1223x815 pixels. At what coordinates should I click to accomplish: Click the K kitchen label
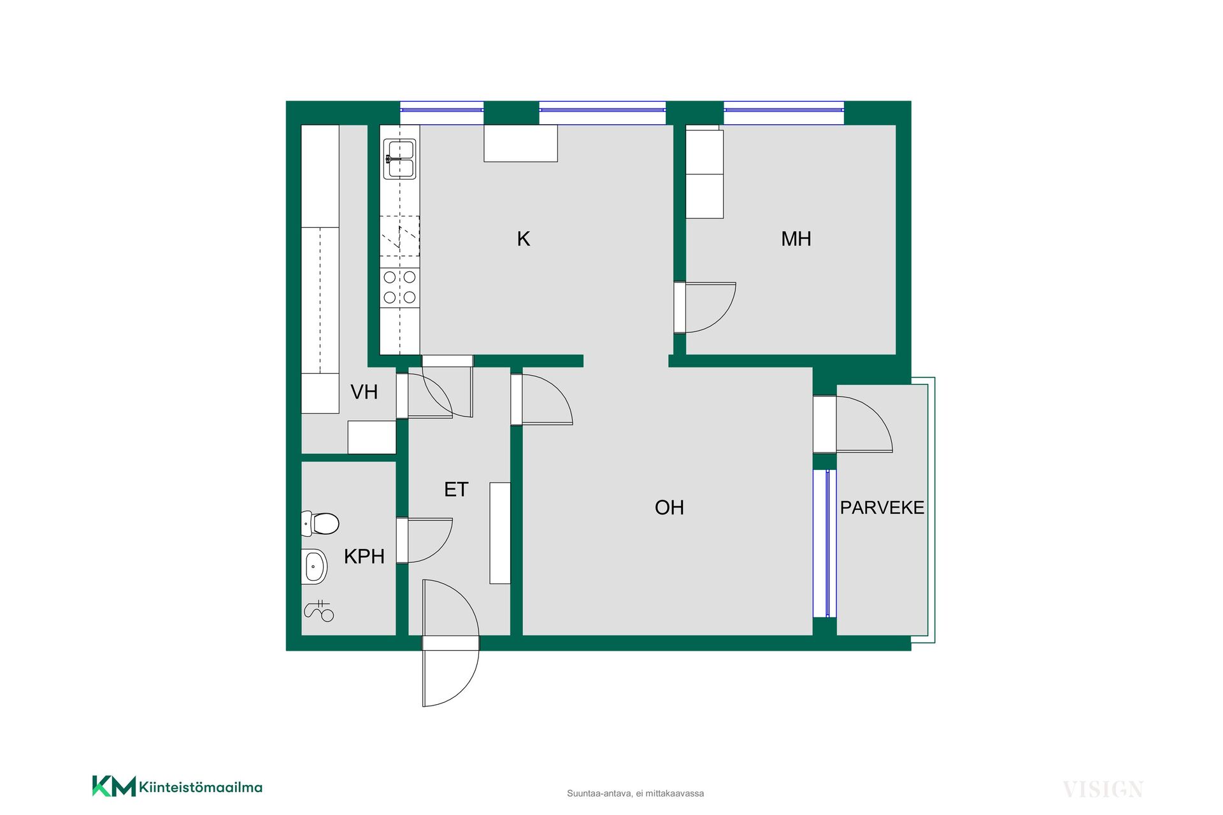[x=524, y=239]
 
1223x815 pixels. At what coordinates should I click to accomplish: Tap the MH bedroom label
[x=796, y=239]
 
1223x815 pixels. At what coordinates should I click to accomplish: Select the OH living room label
[x=669, y=507]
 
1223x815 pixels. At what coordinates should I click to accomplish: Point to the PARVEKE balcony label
[x=882, y=507]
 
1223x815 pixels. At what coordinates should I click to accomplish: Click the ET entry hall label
[x=456, y=489]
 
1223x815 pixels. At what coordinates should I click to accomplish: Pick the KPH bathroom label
[x=364, y=556]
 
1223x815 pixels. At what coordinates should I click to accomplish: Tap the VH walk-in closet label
[x=364, y=392]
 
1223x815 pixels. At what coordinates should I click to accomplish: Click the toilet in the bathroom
[x=320, y=523]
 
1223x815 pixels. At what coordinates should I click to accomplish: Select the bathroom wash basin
[x=314, y=566]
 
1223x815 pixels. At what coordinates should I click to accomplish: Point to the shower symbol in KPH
[x=319, y=611]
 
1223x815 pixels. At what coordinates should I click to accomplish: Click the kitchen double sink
[x=400, y=159]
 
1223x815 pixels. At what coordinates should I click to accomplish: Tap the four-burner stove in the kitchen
[x=400, y=287]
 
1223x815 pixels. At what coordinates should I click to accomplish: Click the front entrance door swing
[x=450, y=643]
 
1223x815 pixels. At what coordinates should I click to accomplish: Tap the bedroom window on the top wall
[x=784, y=113]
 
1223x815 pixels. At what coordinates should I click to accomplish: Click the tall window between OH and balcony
[x=825, y=543]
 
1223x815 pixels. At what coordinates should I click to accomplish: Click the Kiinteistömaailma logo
[x=177, y=786]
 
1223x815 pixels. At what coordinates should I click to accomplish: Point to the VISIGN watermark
[x=1103, y=790]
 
